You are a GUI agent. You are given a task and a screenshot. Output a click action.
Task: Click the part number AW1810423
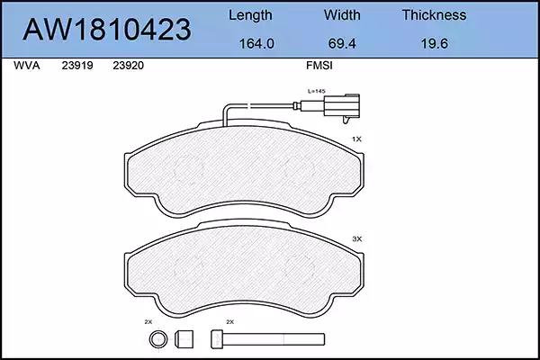point(107,30)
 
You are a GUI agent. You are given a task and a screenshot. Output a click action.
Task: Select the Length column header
point(250,15)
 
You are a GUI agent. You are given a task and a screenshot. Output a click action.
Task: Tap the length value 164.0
point(256,44)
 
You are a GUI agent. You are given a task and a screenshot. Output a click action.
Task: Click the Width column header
point(342,15)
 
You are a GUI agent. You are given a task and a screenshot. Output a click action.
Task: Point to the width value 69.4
point(342,44)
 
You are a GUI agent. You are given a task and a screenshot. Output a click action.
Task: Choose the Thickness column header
point(435,15)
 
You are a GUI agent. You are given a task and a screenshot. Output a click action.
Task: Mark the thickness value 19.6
point(435,44)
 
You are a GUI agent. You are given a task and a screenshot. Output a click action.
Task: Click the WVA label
point(27,66)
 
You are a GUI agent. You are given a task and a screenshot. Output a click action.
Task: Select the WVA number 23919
point(77,66)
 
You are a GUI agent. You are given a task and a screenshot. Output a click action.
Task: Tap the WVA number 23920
point(128,66)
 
